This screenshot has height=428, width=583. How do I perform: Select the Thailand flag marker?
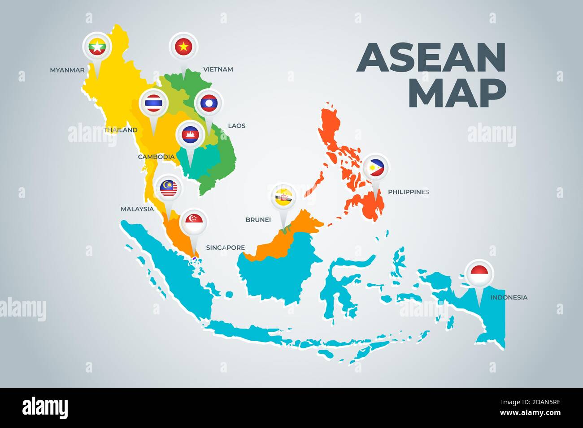(x=153, y=104)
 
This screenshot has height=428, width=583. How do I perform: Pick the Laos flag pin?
(x=209, y=103)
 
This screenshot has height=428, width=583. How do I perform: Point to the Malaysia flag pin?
(x=168, y=188)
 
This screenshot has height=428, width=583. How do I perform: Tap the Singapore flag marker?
(x=194, y=223)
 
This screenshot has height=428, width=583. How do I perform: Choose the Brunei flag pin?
(x=283, y=197)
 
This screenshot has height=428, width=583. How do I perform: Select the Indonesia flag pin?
(x=479, y=273)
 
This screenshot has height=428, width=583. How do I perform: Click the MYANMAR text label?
(x=67, y=70)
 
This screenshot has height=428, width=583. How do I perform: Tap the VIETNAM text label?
(x=218, y=69)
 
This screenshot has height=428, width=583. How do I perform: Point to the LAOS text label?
(x=237, y=126)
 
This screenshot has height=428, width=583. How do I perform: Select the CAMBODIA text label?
(x=156, y=157)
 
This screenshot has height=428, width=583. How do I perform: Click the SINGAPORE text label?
(x=225, y=248)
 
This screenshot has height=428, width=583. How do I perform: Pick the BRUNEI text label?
(x=258, y=220)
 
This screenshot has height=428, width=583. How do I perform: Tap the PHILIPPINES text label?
(x=408, y=192)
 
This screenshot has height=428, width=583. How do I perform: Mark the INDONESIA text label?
(x=509, y=297)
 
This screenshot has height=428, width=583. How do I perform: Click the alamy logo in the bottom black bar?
(x=45, y=407)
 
